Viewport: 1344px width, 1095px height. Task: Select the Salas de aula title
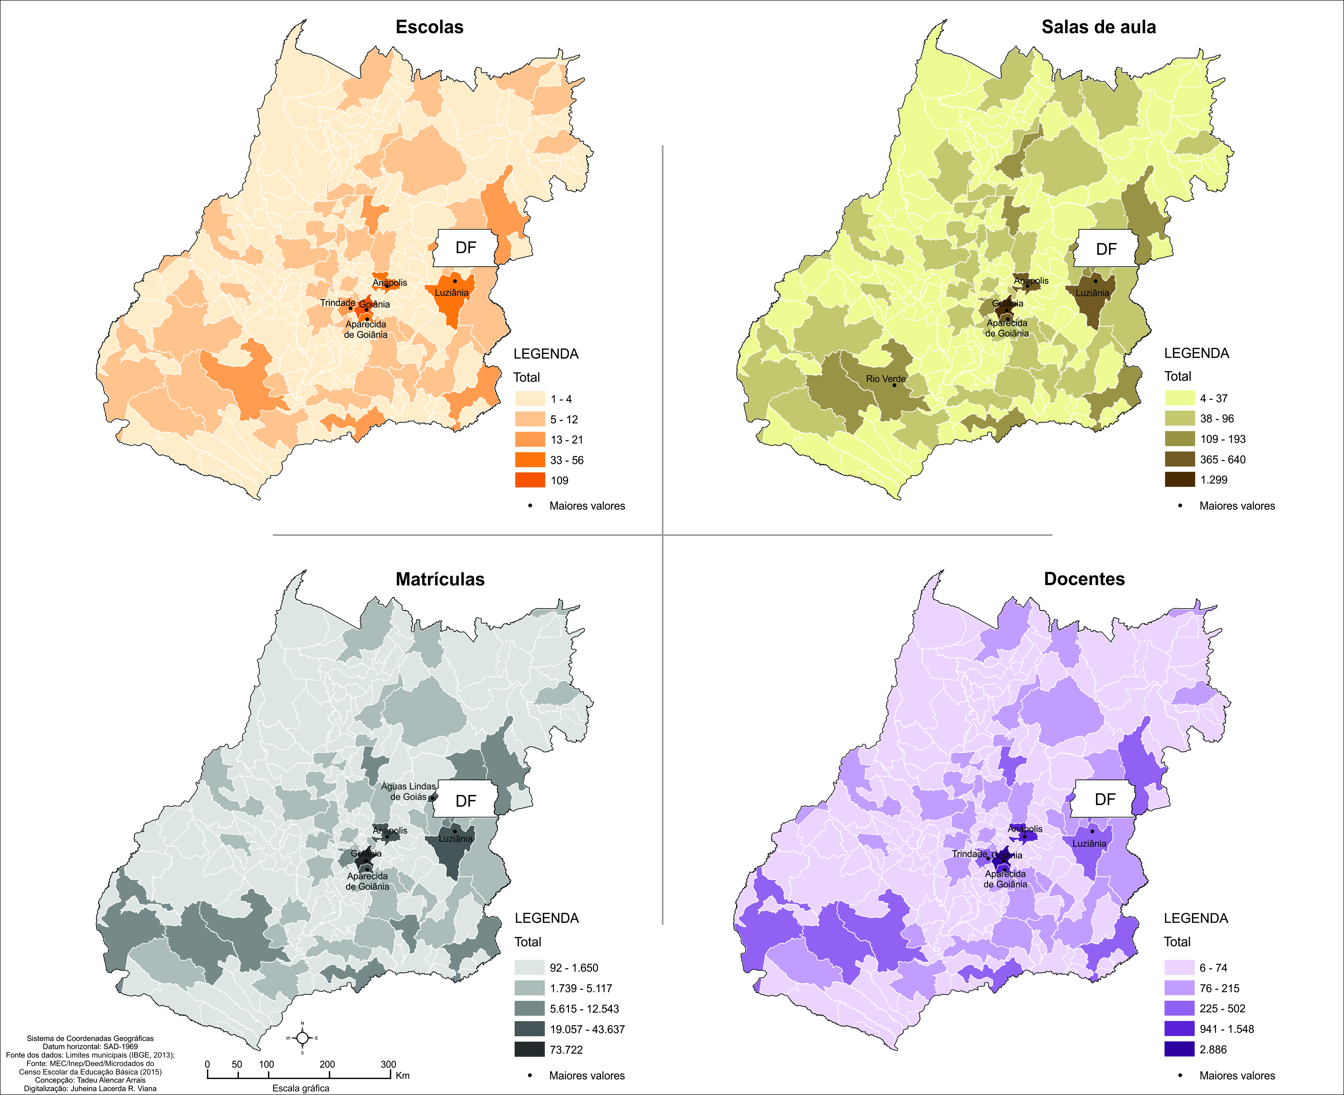1099,27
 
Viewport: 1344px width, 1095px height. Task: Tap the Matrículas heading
440,579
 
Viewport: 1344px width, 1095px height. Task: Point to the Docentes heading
1084,579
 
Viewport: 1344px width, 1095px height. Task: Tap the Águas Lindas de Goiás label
408,791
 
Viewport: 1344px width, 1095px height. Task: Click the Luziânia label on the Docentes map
1089,843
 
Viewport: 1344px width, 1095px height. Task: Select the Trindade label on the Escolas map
338,303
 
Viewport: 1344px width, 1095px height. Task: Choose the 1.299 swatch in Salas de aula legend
1179,479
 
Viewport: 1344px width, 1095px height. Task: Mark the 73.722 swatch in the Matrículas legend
529,1049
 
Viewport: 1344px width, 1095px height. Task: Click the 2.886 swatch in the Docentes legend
1179,1049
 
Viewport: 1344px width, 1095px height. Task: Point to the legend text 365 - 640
1222,459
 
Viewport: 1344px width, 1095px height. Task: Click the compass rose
302,1038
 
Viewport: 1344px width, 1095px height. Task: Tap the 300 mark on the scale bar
388,1064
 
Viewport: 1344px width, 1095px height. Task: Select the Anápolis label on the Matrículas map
390,831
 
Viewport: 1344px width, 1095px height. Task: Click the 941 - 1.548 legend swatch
1179,1029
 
